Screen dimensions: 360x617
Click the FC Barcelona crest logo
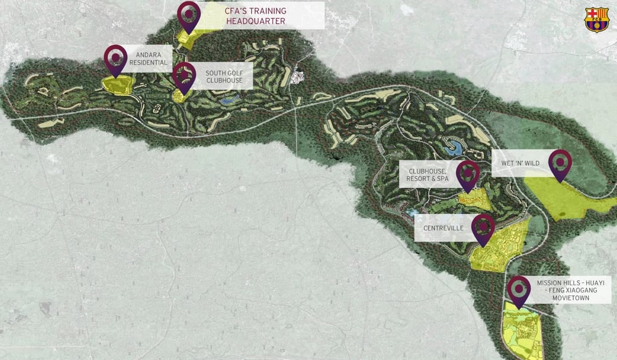(x=597, y=20)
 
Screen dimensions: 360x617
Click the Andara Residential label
(x=147, y=57)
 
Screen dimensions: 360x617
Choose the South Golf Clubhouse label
(x=224, y=77)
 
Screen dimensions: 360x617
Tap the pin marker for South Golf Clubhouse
(x=184, y=75)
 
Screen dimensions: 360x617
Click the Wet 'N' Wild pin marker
(x=560, y=163)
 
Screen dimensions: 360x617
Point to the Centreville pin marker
(x=483, y=227)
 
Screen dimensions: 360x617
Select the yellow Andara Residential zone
(x=118, y=84)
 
